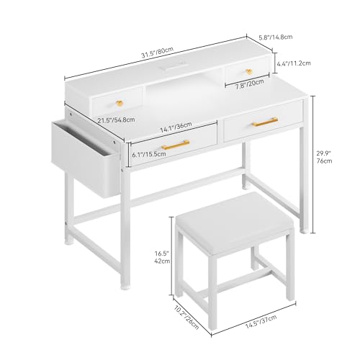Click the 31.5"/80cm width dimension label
[157, 53]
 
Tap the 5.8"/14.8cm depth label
[276, 37]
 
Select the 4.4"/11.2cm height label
[294, 63]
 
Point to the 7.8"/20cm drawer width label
[250, 84]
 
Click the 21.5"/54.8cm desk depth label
[116, 120]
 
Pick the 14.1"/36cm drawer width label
[176, 127]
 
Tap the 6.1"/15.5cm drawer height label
[149, 154]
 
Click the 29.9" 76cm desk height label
[324, 157]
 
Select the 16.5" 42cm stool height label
[162, 257]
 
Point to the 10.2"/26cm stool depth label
[186, 318]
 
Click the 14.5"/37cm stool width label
[261, 321]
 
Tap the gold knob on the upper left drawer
[120, 104]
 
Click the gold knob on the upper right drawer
[249, 71]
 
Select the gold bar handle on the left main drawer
[176, 145]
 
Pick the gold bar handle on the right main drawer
[265, 122]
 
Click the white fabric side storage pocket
[85, 158]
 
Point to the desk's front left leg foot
[125, 287]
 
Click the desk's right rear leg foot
[305, 231]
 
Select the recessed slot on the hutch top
[173, 66]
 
